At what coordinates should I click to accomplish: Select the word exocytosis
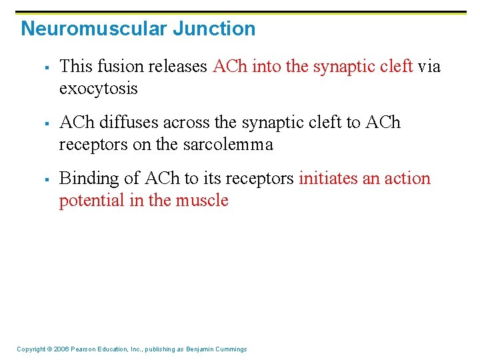click(x=98, y=88)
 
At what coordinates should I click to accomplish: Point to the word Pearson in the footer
click(x=85, y=349)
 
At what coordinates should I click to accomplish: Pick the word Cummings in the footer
click(x=231, y=349)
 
